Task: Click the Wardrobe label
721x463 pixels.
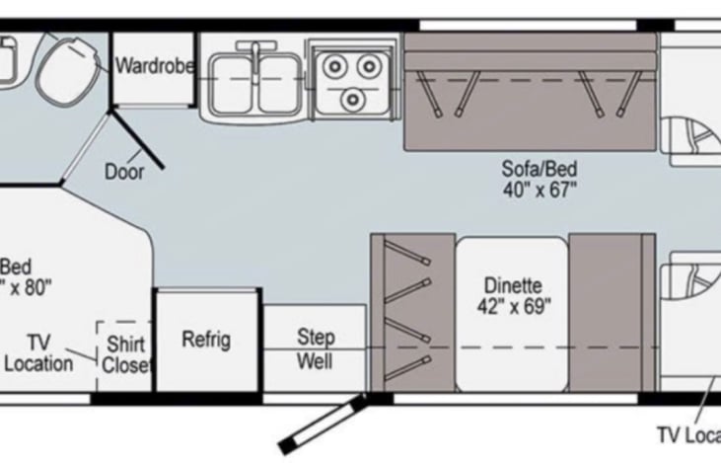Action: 152,67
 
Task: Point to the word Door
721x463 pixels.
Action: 124,172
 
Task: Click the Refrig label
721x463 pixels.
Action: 206,340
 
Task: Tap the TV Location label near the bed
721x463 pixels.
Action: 37,352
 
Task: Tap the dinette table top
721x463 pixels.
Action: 512,314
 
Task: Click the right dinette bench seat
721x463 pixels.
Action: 612,314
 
